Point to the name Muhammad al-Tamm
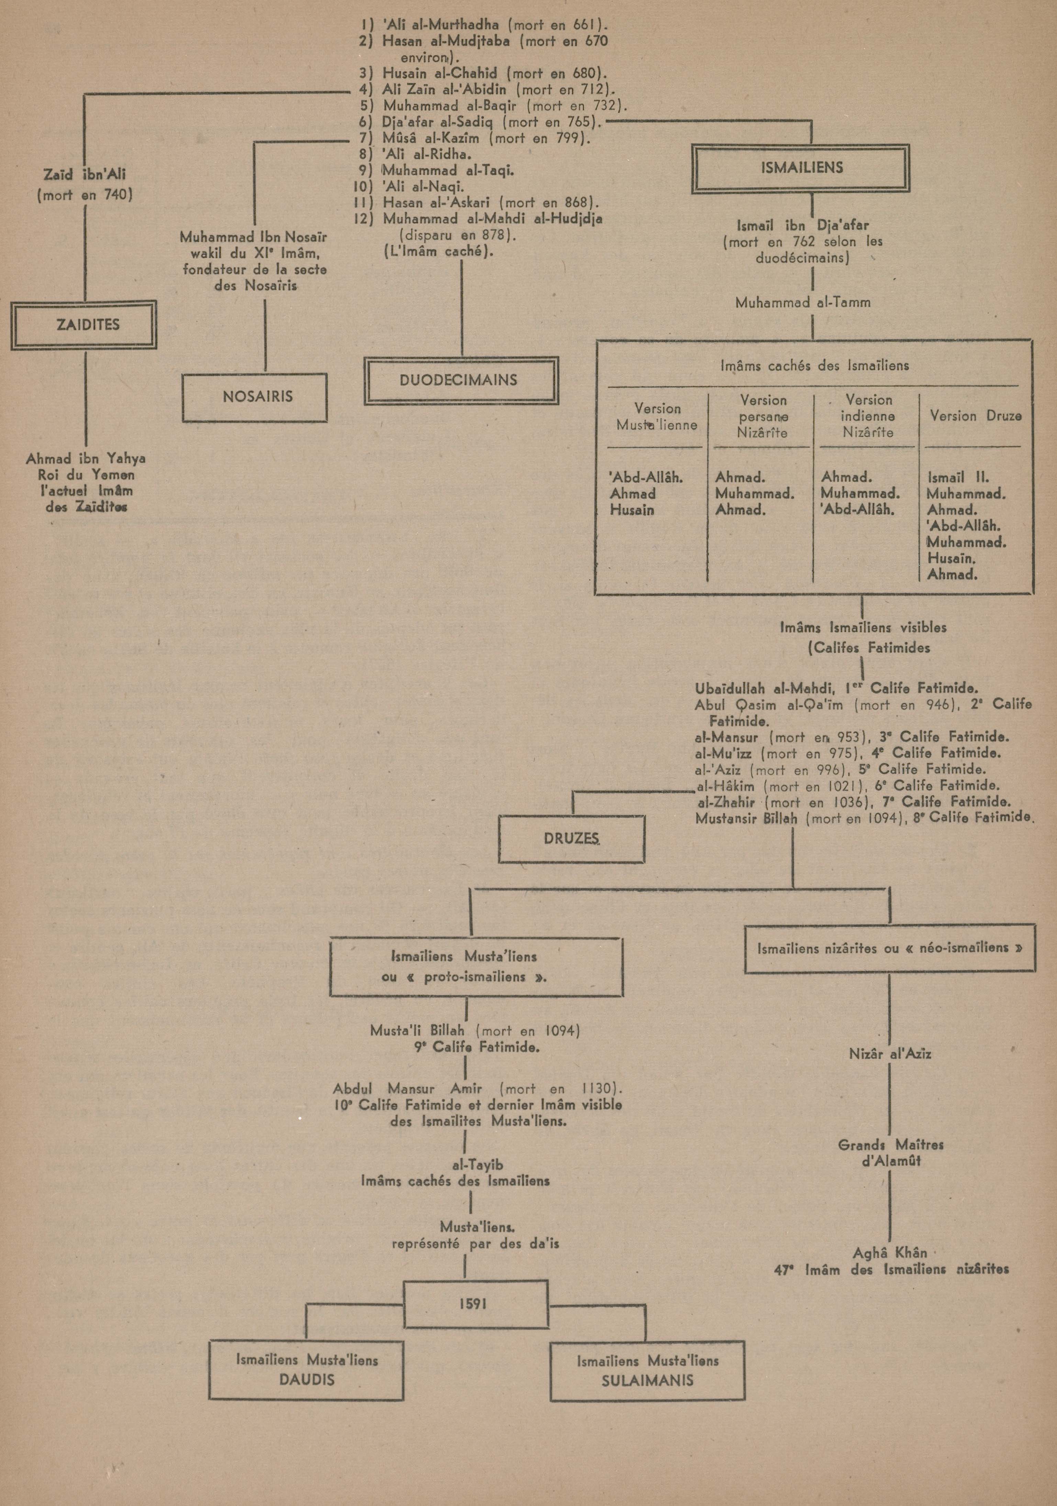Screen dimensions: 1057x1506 click(x=812, y=303)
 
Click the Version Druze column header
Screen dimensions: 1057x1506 click(x=975, y=416)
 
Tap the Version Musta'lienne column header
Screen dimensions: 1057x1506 click(x=657, y=416)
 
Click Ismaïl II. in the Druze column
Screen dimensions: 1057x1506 click(x=958, y=478)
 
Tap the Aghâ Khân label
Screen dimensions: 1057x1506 click(x=890, y=1253)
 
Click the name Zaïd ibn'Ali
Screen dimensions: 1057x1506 click(x=85, y=175)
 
